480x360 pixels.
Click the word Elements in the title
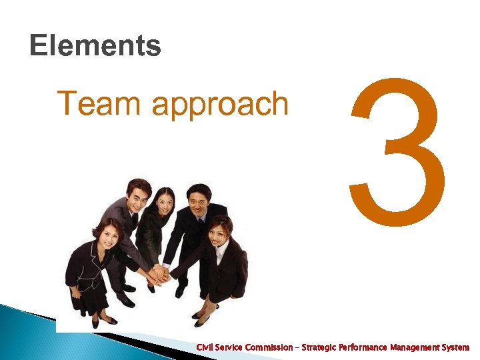coord(95,46)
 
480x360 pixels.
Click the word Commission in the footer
coord(269,347)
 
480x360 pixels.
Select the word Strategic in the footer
coord(319,347)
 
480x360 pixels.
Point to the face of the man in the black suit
coord(199,197)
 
